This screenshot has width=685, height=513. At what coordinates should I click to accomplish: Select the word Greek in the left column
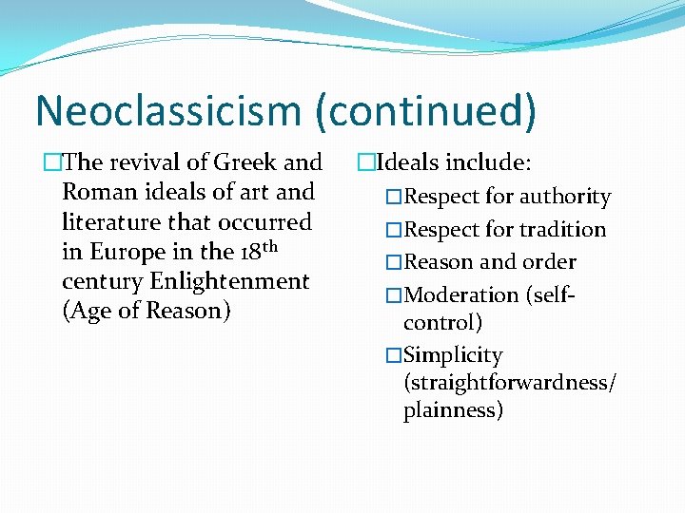[x=248, y=162]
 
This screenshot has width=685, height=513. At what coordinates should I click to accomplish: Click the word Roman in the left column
[x=100, y=192]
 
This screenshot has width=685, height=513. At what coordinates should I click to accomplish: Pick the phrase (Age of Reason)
[x=146, y=311]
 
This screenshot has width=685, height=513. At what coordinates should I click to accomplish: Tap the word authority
[x=564, y=198]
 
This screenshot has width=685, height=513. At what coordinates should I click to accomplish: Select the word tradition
[x=562, y=230]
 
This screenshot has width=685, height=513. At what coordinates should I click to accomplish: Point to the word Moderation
[x=460, y=294]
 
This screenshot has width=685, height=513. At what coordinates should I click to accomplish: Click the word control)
[x=442, y=322]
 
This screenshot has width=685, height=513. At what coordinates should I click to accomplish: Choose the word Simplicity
[x=453, y=355]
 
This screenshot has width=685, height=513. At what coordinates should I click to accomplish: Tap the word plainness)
[x=453, y=410]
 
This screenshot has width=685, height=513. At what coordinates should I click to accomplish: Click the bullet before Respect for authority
[x=394, y=198]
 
